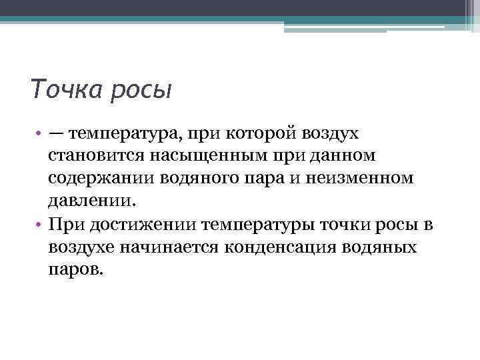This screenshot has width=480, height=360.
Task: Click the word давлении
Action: (x=90, y=201)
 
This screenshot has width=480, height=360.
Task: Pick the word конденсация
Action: (x=294, y=247)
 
